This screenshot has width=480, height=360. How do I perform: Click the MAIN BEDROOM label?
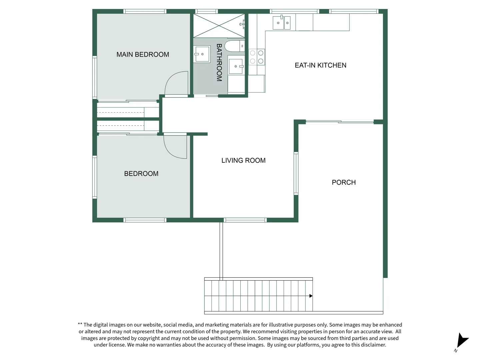point(143,54)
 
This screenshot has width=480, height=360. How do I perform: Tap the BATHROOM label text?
point(219,63)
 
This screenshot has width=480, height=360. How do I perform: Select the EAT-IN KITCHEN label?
point(320,65)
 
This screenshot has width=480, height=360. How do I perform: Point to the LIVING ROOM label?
point(243,160)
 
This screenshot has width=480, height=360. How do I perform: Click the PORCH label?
point(344,182)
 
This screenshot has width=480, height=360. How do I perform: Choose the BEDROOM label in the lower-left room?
point(141,174)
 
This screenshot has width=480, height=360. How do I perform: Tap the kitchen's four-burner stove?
point(257,57)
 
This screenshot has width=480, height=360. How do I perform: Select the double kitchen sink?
point(282,23)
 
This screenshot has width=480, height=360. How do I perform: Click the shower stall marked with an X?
point(219,26)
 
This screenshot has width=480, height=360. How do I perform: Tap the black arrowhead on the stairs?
point(311,296)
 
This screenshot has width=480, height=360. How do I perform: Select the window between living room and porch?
point(296,173)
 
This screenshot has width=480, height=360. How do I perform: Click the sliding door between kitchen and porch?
point(340,122)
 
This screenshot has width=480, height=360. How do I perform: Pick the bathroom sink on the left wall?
point(202,54)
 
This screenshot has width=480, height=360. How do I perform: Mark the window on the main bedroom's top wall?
point(145,11)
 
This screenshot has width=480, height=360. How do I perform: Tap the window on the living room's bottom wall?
point(245,220)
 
